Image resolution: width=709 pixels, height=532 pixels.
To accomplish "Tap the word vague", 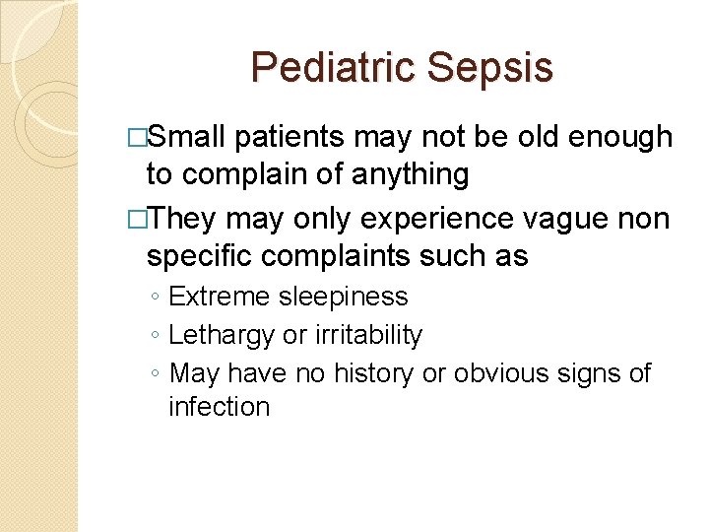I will click(x=564, y=217).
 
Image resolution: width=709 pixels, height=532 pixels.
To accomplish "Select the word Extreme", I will click(x=219, y=296).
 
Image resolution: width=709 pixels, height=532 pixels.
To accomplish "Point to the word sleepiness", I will click(x=342, y=296).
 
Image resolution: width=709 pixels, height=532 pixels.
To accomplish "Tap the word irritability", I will click(x=368, y=335).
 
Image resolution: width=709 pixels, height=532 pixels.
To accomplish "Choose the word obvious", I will click(x=505, y=373).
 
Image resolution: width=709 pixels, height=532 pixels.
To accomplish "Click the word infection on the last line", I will click(x=219, y=406).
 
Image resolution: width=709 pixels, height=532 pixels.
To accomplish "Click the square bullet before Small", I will click(x=137, y=138).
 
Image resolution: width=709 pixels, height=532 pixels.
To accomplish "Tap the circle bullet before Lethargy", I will click(x=157, y=336).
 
